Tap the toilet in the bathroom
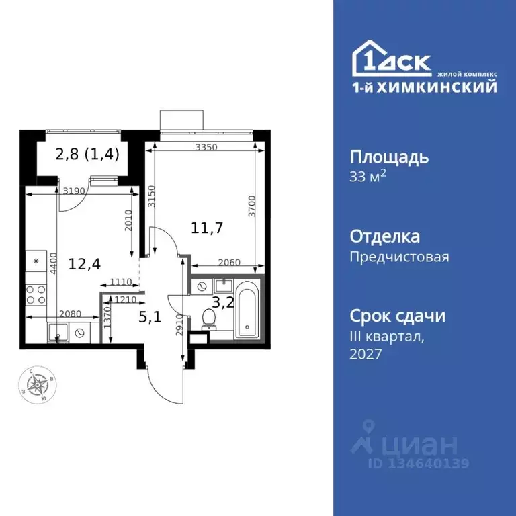pos(210,320)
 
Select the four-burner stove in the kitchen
pos(36,295)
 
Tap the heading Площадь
pos(389,158)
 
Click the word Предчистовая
pos(399,257)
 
